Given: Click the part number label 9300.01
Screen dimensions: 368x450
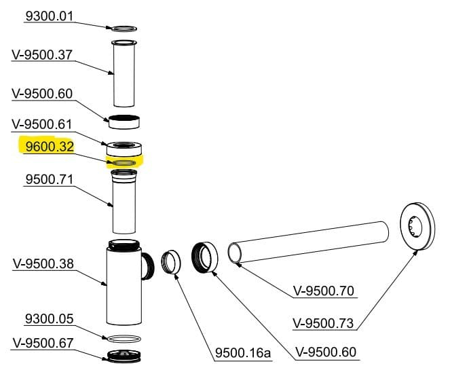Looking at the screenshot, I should pyautogui.click(x=50, y=16).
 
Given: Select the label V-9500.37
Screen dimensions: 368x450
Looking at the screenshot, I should pyautogui.click(x=43, y=54).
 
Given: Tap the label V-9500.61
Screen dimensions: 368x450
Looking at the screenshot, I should pyautogui.click(x=43, y=124).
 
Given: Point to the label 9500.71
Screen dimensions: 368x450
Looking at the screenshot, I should pyautogui.click(x=49, y=181).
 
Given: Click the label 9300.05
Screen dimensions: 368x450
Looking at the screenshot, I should pyautogui.click(x=49, y=319).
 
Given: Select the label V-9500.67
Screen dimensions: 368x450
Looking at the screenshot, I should pyautogui.click(x=43, y=343).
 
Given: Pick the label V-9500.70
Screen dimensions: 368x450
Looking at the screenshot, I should pyautogui.click(x=324, y=291).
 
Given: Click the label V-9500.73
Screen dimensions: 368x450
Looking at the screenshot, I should pyautogui.click(x=323, y=323).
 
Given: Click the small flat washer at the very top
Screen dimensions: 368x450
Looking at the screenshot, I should pyautogui.click(x=123, y=29).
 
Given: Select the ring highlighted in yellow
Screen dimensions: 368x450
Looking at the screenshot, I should pyautogui.click(x=124, y=163).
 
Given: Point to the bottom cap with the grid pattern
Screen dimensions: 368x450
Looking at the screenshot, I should pyautogui.click(x=124, y=355).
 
